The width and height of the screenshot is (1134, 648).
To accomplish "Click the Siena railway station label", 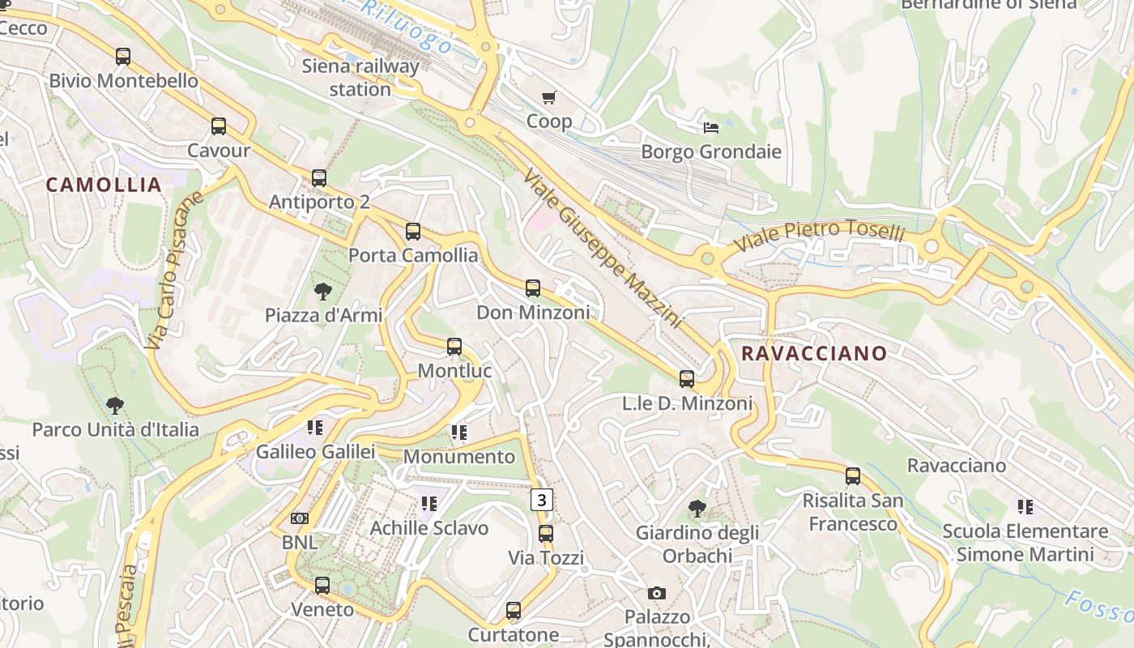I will click(360, 78).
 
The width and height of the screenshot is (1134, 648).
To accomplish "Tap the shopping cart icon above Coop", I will click(549, 98).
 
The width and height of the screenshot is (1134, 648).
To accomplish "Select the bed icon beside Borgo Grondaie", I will click(710, 128).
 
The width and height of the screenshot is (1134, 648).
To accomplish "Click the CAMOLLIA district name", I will click(104, 185).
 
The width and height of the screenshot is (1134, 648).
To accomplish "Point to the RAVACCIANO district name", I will click(814, 353).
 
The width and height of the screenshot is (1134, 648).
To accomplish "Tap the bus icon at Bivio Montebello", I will click(123, 57).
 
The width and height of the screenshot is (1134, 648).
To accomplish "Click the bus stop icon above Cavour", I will click(219, 126).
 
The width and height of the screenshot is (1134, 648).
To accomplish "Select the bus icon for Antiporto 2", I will click(319, 178).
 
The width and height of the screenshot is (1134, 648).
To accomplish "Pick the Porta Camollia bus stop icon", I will click(413, 232).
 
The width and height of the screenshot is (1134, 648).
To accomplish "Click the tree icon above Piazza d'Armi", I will click(323, 292).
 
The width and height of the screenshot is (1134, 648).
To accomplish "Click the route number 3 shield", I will click(541, 500).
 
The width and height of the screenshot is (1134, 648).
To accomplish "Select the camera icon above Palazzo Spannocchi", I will click(657, 593).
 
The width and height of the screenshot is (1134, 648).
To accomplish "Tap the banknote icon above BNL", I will click(300, 518).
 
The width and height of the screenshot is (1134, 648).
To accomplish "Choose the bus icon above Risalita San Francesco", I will click(853, 476).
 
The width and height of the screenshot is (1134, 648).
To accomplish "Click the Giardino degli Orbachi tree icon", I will click(697, 509).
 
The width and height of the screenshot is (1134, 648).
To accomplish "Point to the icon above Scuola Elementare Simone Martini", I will click(1025, 507).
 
